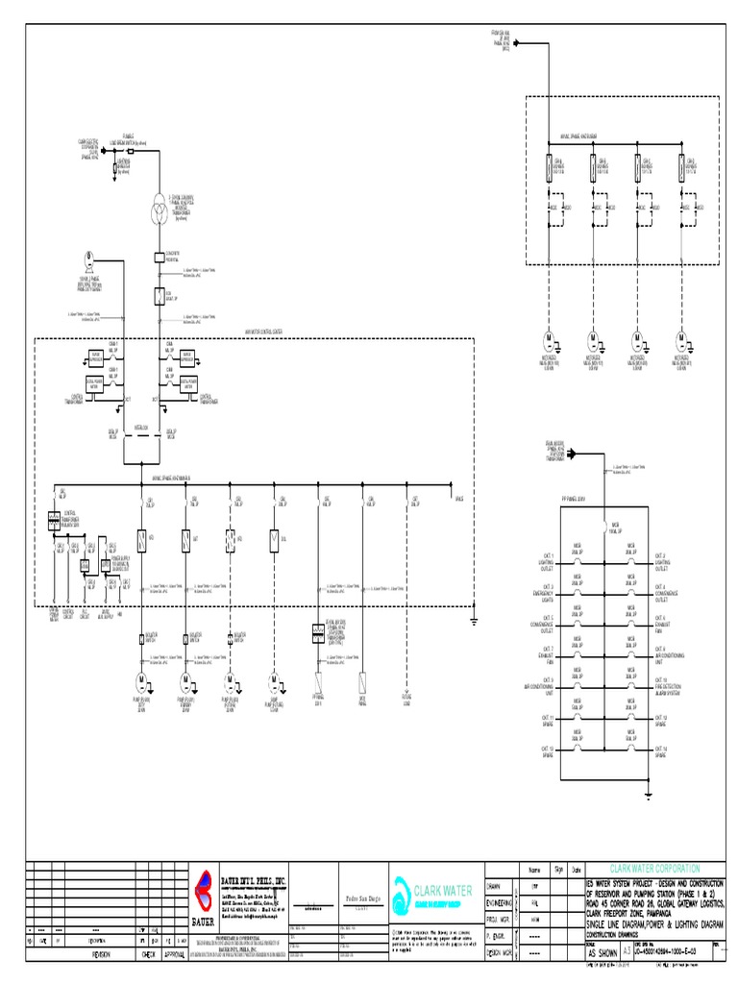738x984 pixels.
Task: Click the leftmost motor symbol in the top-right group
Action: click(x=551, y=340)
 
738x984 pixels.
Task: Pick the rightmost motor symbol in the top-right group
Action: click(x=681, y=340)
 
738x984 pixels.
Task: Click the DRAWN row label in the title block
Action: click(x=498, y=886)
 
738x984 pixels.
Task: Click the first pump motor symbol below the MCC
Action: click(x=141, y=682)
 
